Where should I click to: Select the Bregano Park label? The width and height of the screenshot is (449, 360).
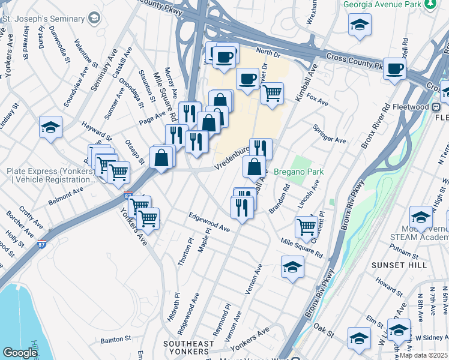[x=298, y=172]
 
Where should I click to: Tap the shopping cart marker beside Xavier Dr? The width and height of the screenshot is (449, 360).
[x=273, y=93]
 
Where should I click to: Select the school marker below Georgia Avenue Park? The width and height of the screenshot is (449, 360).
[x=360, y=25]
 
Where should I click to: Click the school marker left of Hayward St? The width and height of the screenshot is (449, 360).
[x=51, y=127]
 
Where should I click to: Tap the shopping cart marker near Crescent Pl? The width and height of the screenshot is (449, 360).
[x=306, y=227]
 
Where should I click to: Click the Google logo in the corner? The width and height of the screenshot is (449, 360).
[x=20, y=353]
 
